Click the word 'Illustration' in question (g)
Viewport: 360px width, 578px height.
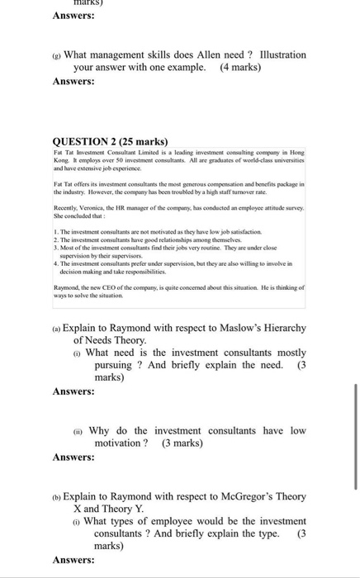click(282, 54)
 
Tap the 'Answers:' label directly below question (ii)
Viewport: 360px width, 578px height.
click(73, 457)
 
